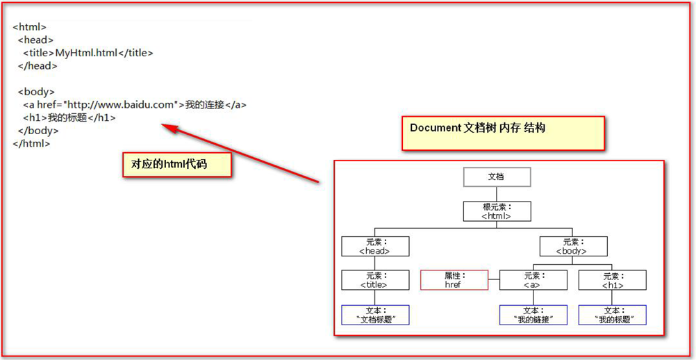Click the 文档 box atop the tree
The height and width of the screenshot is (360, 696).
coord(497,177)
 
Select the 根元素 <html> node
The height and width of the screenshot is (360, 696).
coord(497,211)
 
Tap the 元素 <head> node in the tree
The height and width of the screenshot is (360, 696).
coord(375,246)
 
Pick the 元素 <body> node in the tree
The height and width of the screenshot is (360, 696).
coord(573,246)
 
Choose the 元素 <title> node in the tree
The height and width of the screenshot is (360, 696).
coord(375,280)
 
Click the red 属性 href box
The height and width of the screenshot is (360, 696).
coord(454,280)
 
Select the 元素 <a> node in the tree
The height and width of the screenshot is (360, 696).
coord(533,280)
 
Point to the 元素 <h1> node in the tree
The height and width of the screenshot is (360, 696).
coord(612,280)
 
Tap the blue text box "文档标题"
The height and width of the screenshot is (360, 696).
coord(375,315)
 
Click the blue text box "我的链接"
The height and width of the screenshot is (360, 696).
coord(533,315)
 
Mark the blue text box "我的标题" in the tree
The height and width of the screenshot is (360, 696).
coord(612,315)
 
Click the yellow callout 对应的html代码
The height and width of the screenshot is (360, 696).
coord(176,165)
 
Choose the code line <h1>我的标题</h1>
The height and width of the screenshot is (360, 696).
coord(69,118)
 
